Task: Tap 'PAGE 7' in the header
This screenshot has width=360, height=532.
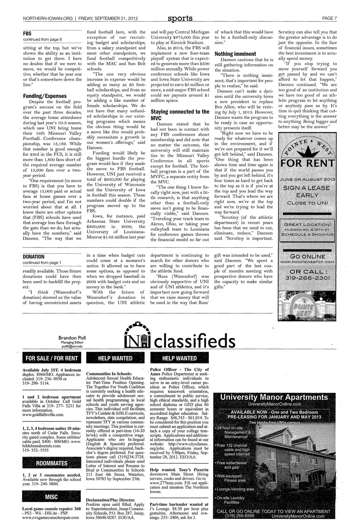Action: [x=329, y=18]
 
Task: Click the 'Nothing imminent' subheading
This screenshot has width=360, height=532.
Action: [x=235, y=54]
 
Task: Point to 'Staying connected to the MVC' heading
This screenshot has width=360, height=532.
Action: [x=180, y=115]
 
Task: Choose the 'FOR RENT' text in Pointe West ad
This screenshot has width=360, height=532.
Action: [x=307, y=164]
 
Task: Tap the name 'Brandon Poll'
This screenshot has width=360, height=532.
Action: [x=69, y=338]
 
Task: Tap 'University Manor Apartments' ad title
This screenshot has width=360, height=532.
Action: [x=274, y=397]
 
